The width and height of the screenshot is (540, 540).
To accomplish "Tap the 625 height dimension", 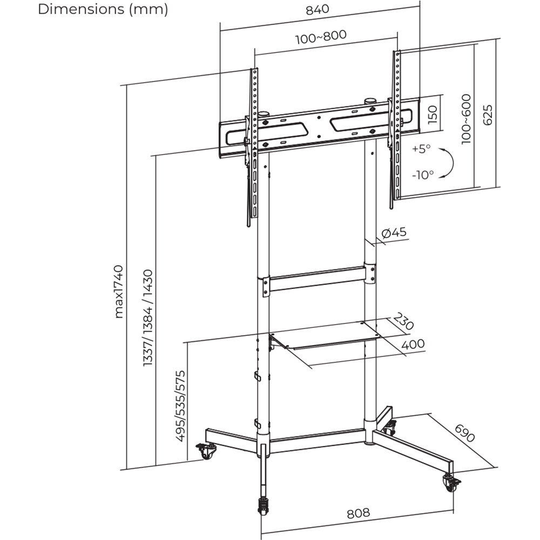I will (488, 114).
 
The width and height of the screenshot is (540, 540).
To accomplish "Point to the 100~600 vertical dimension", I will (465, 119).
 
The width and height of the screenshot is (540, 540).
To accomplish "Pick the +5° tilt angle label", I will (422, 149).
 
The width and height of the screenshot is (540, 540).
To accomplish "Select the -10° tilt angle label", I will (422, 174).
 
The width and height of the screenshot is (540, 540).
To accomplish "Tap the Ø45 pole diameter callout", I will (393, 233).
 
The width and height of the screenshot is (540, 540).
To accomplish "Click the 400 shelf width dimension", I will (413, 344).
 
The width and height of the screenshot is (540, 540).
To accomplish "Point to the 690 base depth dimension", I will (464, 434).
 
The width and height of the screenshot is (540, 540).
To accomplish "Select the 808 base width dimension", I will (358, 512).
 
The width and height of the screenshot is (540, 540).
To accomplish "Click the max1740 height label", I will (119, 292).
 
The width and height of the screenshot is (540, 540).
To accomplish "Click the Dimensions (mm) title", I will (103, 10).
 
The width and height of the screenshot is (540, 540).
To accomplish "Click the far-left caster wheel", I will (206, 451).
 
